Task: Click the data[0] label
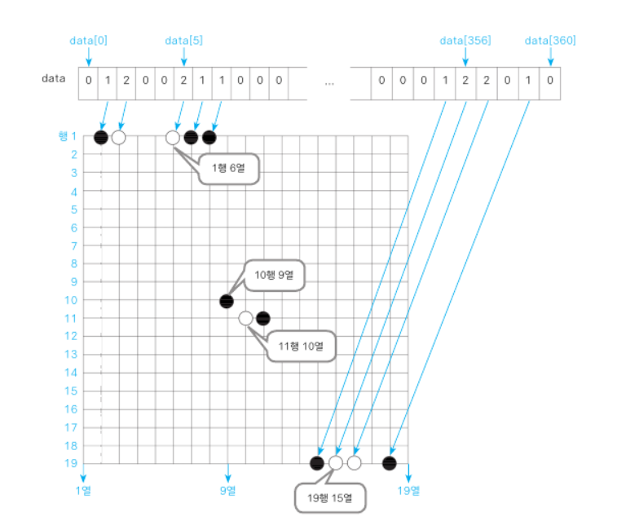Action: click(x=88, y=39)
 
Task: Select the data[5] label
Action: click(x=183, y=39)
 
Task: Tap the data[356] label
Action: click(x=465, y=39)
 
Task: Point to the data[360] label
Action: click(x=550, y=39)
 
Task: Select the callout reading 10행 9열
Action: click(x=275, y=275)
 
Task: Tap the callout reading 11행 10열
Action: click(x=301, y=347)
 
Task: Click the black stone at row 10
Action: click(x=227, y=301)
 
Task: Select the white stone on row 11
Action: click(x=245, y=318)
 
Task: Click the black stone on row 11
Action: click(x=263, y=318)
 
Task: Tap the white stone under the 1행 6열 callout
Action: click(x=173, y=137)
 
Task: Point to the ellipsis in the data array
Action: click(x=329, y=83)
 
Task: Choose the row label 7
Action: click(x=73, y=245)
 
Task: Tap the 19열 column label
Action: click(x=408, y=490)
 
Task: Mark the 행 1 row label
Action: click(x=67, y=136)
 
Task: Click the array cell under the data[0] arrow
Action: click(x=88, y=82)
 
